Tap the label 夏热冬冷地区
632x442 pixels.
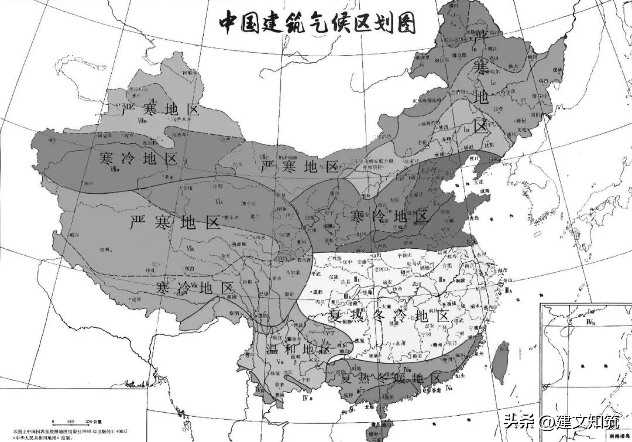pos(389,316)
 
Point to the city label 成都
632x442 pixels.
pos(318,290)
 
